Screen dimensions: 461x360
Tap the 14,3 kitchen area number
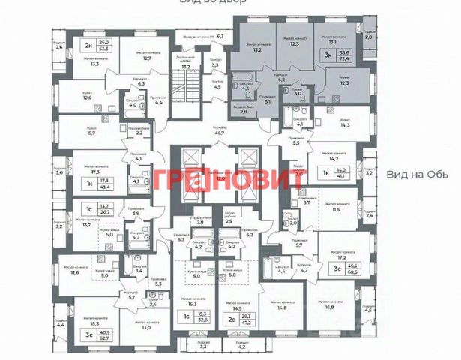(x=346, y=126)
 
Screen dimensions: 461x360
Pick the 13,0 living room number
(x=146, y=327)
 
